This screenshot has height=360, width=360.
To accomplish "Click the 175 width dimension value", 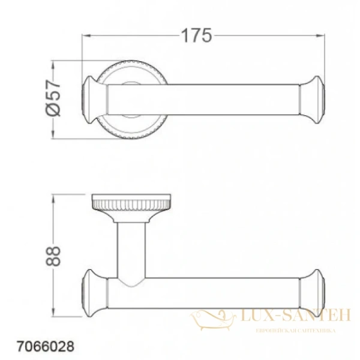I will [198, 36].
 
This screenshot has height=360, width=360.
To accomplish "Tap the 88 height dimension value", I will [53, 257].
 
